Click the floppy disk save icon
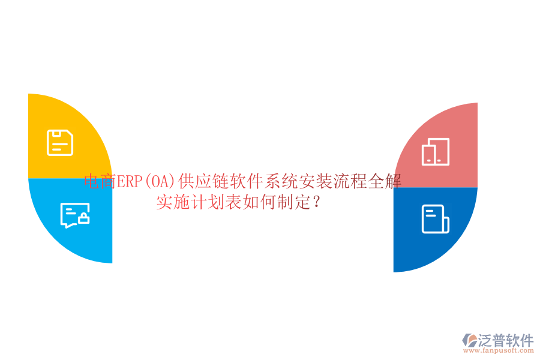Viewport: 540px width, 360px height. pyautogui.click(x=60, y=143)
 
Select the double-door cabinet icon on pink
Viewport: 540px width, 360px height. pyautogui.click(x=435, y=152)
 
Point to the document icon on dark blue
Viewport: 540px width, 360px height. pyautogui.click(x=435, y=219)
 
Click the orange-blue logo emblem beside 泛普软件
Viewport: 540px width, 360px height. pyautogui.click(x=469, y=341)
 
